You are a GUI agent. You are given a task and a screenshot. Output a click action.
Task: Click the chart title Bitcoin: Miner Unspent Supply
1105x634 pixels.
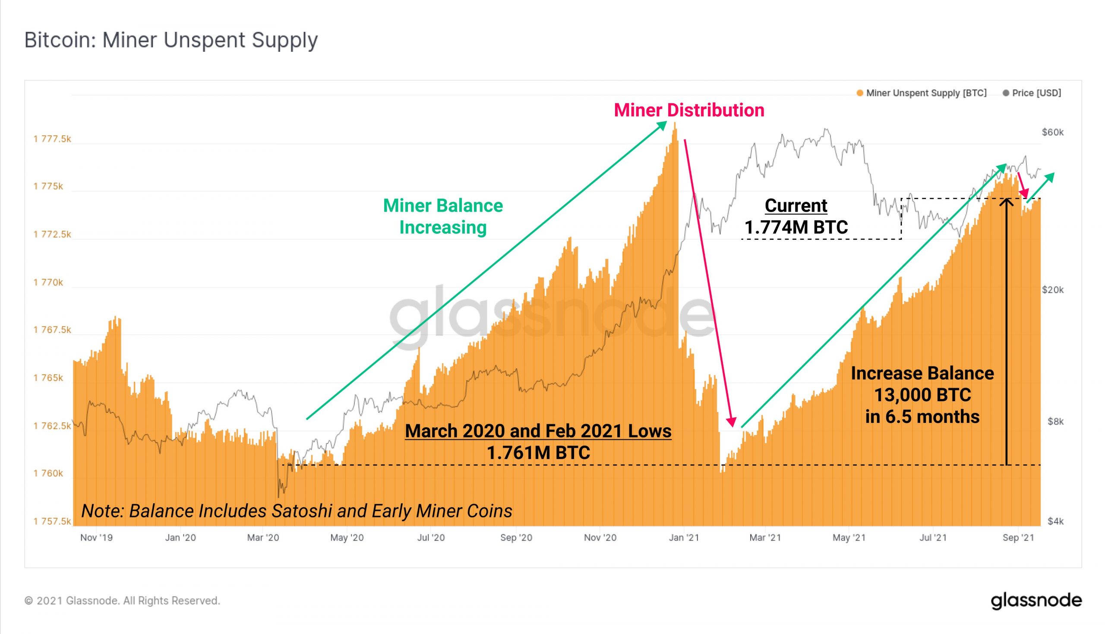(171, 40)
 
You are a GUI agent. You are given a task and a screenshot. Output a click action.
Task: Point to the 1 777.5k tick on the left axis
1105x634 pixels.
(52, 139)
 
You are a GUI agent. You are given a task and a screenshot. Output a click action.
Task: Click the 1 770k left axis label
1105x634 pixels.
(48, 282)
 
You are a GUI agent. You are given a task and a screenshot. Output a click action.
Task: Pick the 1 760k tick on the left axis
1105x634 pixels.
(48, 473)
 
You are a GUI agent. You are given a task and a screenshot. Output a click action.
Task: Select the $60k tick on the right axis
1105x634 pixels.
(1052, 133)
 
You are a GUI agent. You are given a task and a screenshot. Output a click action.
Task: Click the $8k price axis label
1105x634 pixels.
(1055, 422)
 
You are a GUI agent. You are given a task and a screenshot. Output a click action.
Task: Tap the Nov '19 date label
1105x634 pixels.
(96, 538)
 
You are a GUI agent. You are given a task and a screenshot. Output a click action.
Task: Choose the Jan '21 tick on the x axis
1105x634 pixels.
(684, 538)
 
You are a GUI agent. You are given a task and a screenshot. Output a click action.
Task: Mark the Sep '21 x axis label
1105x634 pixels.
(1018, 538)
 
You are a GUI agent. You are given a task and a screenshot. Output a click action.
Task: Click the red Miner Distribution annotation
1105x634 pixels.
(689, 110)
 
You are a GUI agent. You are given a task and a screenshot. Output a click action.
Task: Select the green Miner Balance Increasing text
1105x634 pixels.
(442, 216)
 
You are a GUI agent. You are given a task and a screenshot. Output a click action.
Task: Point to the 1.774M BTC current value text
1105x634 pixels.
(796, 227)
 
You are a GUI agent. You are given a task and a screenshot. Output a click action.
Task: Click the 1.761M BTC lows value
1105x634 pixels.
(538, 453)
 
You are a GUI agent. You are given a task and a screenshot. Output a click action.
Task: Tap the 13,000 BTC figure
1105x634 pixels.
(922, 395)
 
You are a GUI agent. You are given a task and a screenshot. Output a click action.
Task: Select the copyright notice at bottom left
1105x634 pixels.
(122, 601)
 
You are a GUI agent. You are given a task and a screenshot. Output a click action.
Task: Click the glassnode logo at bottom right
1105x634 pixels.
(1036, 600)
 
